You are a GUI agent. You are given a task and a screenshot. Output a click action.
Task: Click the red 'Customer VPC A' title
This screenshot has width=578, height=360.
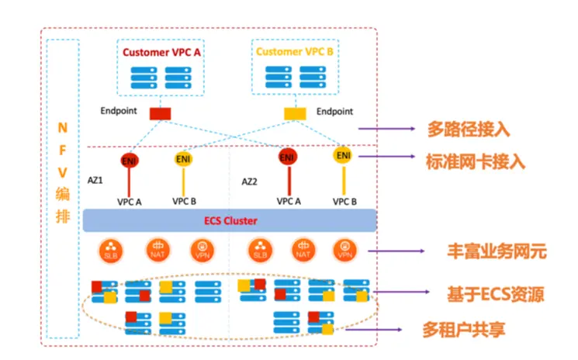click(x=161, y=52)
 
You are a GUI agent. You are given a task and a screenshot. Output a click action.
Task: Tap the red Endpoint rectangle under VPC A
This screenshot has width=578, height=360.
click(x=160, y=113)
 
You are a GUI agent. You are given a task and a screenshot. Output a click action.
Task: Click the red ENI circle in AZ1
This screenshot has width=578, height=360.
click(x=130, y=161)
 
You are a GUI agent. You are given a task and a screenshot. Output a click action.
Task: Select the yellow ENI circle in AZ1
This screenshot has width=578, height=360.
click(x=184, y=159)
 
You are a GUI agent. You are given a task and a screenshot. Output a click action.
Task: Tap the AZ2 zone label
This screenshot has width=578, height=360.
click(x=249, y=182)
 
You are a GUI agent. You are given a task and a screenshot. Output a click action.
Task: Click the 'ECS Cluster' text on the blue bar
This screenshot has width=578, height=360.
click(x=230, y=220)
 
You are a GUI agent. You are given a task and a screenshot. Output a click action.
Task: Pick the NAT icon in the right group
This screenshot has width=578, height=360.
click(x=303, y=251)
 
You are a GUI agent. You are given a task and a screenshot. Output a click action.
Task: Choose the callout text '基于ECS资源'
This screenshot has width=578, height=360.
click(x=494, y=294)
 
